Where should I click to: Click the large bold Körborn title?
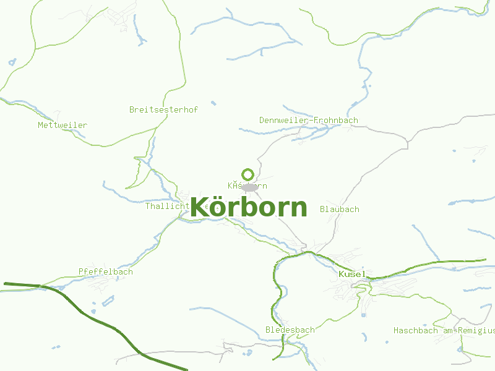click(x=248, y=207)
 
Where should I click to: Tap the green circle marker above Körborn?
click(x=248, y=174)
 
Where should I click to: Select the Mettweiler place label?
click(x=62, y=125)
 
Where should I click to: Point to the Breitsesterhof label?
click(x=163, y=109)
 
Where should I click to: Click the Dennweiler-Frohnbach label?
click(x=308, y=120)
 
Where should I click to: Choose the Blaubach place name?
click(x=339, y=209)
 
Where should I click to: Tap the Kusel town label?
click(x=352, y=274)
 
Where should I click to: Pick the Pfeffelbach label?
click(x=105, y=271)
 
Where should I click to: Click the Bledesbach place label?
click(x=290, y=330)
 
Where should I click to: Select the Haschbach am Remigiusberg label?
click(x=444, y=330)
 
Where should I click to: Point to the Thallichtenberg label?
click(x=167, y=206)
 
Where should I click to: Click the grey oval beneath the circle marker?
click(x=249, y=187)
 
